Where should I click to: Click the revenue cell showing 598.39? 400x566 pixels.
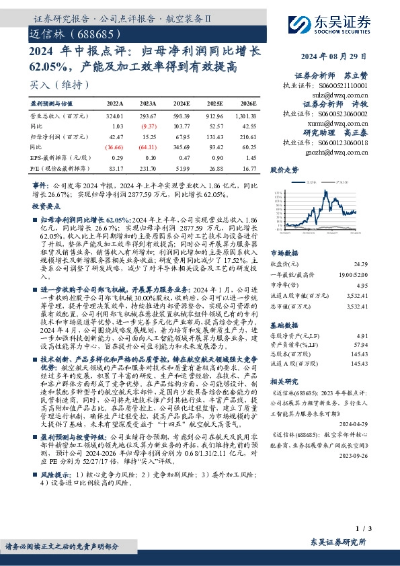(181, 116)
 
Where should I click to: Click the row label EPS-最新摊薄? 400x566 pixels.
(56, 156)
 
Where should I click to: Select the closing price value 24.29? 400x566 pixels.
(361, 265)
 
